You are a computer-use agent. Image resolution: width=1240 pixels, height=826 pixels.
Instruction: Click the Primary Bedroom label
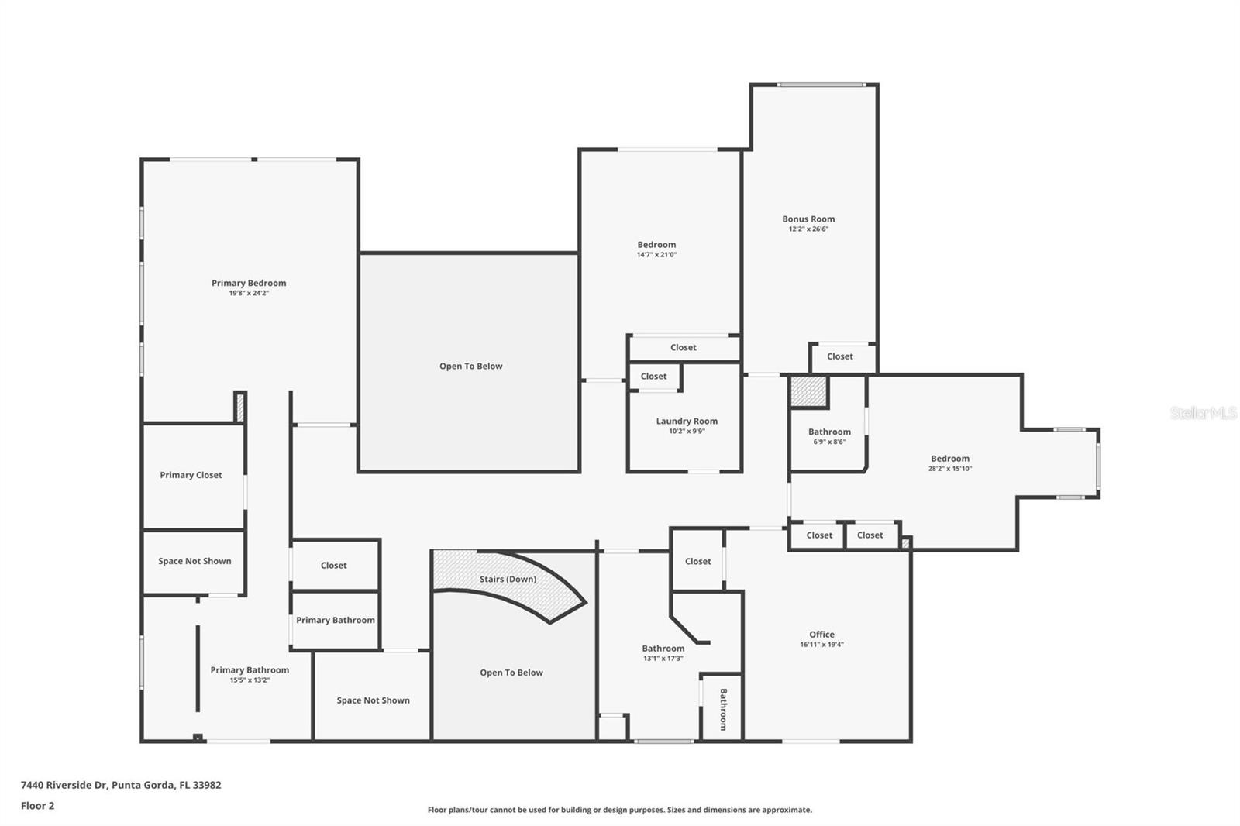point(249,283)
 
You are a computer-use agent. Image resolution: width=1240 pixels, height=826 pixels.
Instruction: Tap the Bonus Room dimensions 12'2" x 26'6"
point(808,229)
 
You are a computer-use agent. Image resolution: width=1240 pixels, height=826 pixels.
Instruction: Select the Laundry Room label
point(687,421)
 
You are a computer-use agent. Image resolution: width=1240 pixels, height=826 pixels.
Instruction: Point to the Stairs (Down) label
point(508,579)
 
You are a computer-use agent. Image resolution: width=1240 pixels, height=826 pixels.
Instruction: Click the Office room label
point(821,634)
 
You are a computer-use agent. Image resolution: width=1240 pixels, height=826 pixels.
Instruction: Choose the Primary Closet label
point(191,475)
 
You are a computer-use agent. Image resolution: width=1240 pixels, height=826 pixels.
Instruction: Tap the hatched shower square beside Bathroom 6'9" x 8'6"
point(808,391)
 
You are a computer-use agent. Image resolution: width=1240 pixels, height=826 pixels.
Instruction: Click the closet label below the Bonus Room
point(839,356)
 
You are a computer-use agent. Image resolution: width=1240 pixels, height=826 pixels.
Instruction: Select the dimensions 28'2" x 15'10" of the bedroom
point(949,469)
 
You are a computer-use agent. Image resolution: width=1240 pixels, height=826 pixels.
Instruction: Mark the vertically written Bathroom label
point(723,709)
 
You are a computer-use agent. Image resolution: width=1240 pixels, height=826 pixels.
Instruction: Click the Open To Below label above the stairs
point(470,366)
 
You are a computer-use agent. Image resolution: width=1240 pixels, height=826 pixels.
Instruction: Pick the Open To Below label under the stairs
point(511,673)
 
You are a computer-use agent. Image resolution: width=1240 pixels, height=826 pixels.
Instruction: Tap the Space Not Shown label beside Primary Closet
point(195,561)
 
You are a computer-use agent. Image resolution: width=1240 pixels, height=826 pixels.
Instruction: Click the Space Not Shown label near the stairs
point(373,700)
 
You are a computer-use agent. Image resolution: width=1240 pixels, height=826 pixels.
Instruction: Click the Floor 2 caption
point(37,806)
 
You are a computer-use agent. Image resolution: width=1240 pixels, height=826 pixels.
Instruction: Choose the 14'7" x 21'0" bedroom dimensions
point(656,255)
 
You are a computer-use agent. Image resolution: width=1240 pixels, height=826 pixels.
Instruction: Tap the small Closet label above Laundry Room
point(653,377)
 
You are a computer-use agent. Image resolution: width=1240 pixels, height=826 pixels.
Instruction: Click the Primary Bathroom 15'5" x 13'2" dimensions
point(250,680)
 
